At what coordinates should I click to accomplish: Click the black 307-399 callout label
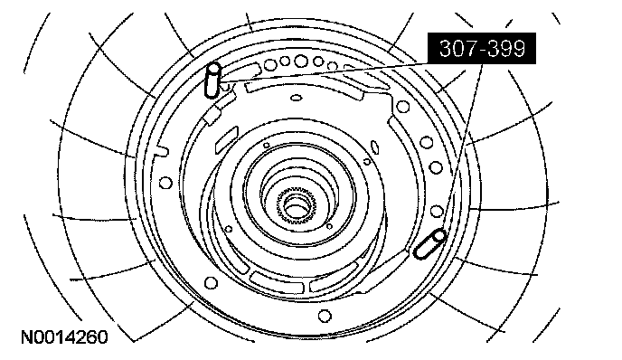click(x=481, y=48)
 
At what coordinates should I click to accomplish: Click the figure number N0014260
click(x=64, y=337)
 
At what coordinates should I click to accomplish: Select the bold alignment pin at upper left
click(x=212, y=81)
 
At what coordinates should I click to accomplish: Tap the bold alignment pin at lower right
click(x=429, y=244)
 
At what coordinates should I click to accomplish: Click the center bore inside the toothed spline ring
click(x=296, y=207)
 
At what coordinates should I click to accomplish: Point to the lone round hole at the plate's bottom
click(x=325, y=316)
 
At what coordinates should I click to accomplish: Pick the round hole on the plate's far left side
click(x=165, y=183)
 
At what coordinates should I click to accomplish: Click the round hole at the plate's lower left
click(x=211, y=283)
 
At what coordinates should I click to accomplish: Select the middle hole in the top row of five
click(x=301, y=61)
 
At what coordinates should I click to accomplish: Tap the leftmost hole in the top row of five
click(x=271, y=64)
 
